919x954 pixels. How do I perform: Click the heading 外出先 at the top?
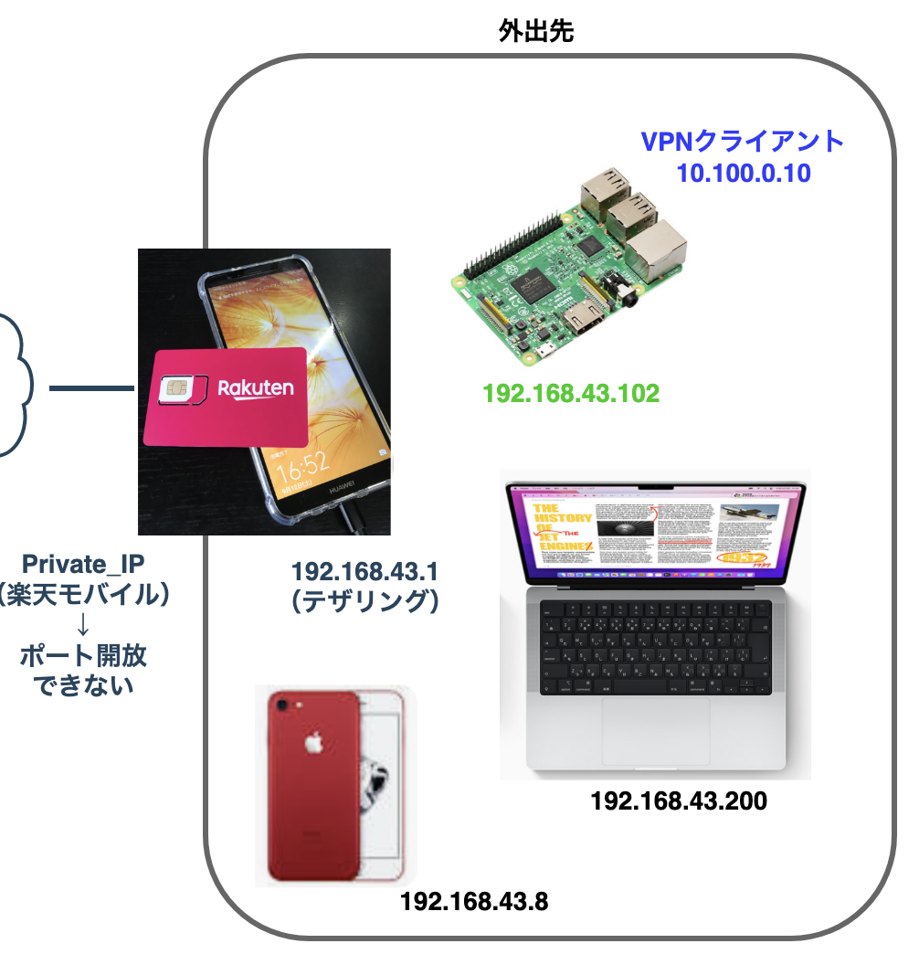[535, 30]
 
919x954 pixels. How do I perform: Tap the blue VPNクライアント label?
[741, 142]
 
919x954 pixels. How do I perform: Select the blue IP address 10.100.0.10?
[744, 172]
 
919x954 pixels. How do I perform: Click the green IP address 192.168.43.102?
[571, 394]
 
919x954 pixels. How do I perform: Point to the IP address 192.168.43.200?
[679, 801]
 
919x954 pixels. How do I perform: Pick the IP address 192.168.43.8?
[474, 901]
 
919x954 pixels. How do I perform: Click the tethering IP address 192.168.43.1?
[364, 573]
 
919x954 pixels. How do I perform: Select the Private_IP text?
[82, 564]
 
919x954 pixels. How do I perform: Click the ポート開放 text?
[82, 655]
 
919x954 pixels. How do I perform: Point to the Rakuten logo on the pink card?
[255, 388]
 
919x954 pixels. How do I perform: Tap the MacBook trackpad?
[655, 731]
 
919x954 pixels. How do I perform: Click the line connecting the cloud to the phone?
[90, 389]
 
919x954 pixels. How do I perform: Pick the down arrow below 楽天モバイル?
[82, 626]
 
